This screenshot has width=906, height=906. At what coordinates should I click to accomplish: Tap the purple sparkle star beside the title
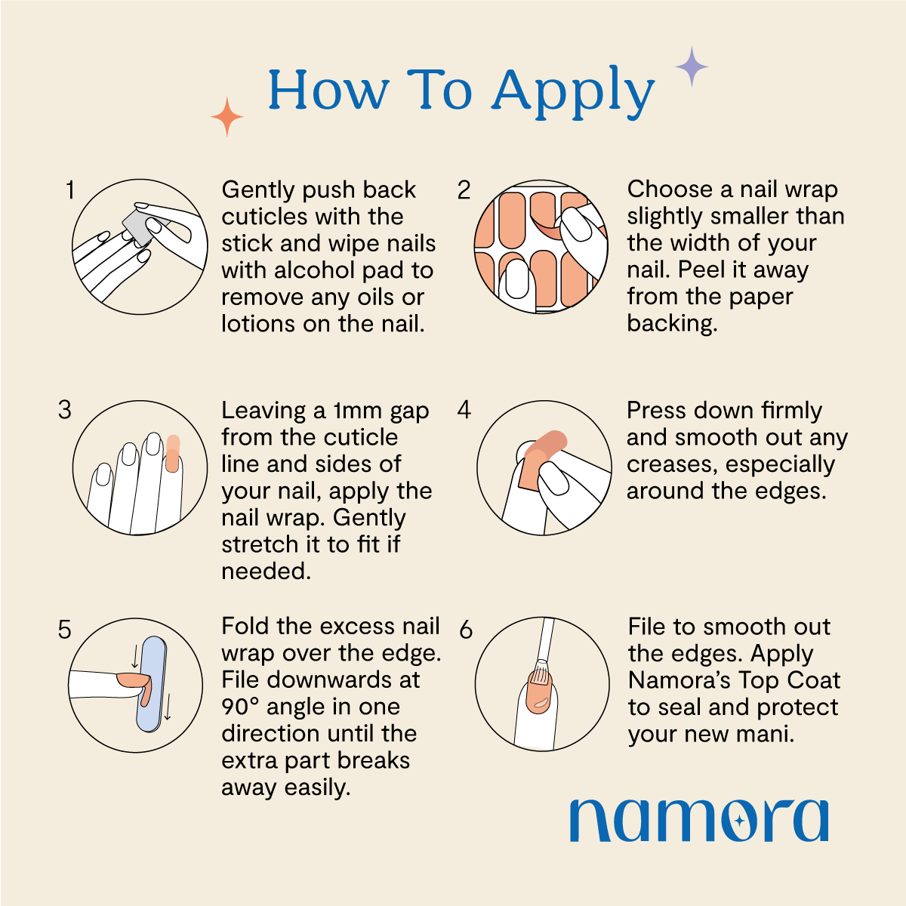tap(692, 66)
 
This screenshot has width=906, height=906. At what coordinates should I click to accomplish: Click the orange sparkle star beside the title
tap(227, 117)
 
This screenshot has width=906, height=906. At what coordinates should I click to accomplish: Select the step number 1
tap(70, 190)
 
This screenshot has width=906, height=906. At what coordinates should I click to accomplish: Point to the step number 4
tap(464, 410)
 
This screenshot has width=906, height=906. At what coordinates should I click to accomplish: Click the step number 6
tap(466, 630)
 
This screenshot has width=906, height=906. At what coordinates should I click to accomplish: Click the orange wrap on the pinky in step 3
tap(173, 454)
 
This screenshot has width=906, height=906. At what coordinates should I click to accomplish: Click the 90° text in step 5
tap(240, 707)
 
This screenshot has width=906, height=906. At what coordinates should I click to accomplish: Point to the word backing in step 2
tap(670, 323)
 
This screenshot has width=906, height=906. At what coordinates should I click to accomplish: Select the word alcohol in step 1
tap(317, 270)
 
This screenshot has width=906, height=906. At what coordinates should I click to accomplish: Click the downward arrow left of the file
tap(135, 656)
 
